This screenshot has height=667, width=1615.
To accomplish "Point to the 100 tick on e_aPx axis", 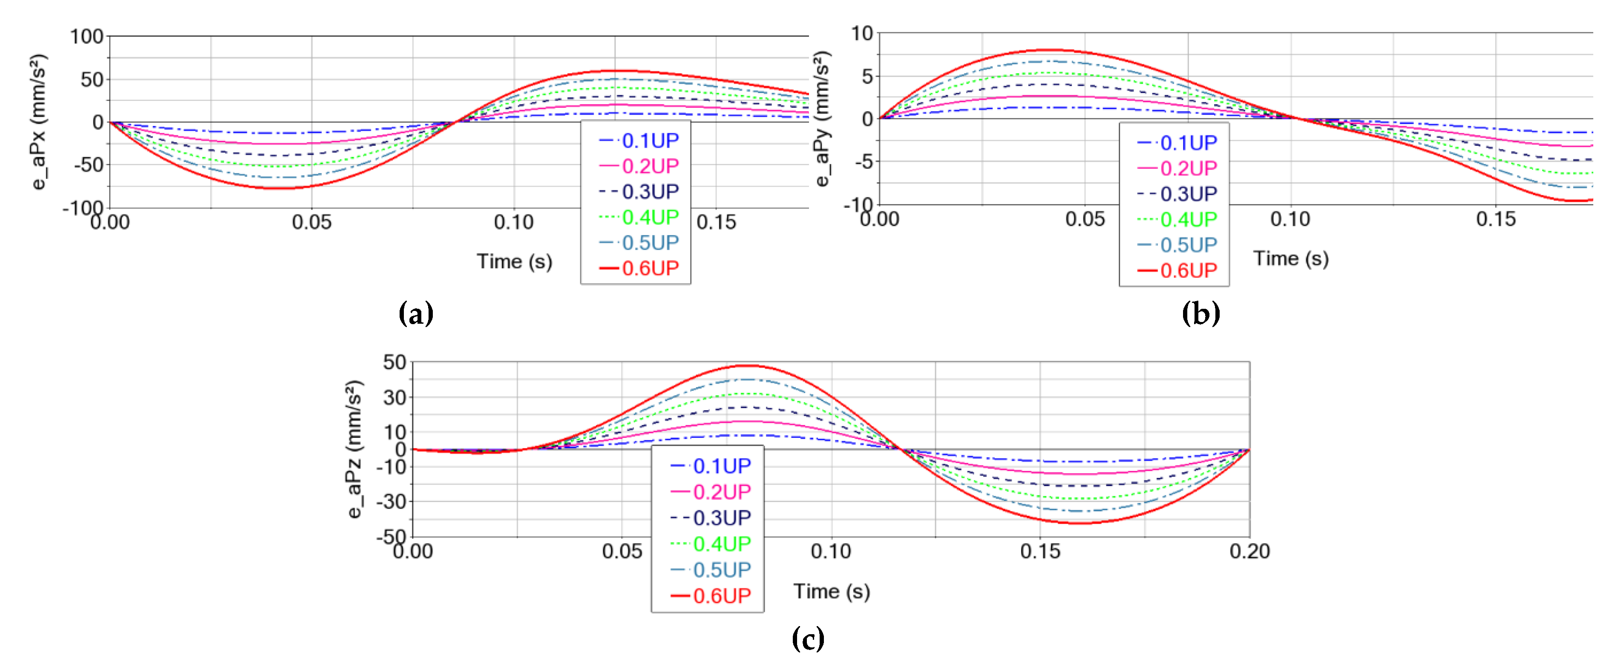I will point(86,36).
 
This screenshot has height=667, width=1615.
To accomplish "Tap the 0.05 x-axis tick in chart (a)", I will point(311,222).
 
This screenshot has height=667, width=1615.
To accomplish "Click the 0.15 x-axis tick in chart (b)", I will point(1495,219).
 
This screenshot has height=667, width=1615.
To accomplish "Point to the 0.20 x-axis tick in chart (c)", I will point(1249,551).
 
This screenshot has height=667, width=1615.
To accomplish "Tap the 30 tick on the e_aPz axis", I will point(394,397).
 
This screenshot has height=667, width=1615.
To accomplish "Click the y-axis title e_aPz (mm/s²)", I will point(354,449).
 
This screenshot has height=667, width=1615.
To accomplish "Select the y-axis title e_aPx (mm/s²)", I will point(39,122).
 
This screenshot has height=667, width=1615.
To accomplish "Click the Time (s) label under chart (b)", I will point(1291,258).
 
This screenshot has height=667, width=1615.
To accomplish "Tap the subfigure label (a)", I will point(416,313).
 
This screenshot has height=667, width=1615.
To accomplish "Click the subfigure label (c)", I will point(808,639).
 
